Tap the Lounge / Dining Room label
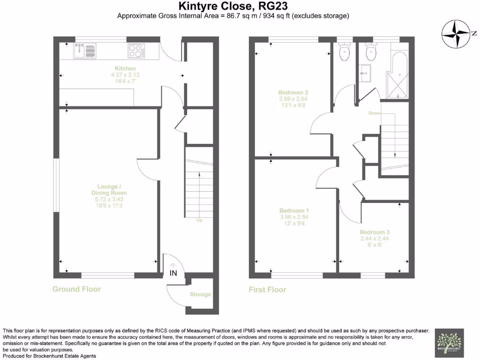(109, 193)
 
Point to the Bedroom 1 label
(293, 210)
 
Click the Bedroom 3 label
(375, 232)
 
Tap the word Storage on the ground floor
(200, 294)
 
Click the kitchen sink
(84, 50)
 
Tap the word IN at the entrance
(173, 273)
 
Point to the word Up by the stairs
(199, 220)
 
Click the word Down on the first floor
(375, 113)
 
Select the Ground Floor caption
(76, 289)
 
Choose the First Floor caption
(267, 290)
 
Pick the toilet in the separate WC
(345, 52)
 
